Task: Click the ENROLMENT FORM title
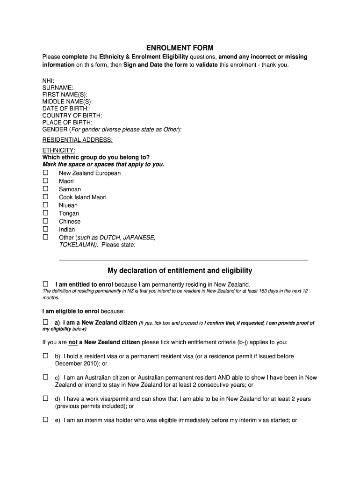(x=180, y=48)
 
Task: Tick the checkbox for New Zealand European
(x=45, y=173)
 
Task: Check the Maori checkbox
(x=45, y=181)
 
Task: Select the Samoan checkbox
(x=45, y=189)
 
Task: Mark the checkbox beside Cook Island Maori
(x=45, y=196)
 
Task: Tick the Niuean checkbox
(x=45, y=205)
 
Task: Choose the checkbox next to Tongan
(x=45, y=213)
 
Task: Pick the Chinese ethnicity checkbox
(x=45, y=221)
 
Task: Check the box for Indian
(x=45, y=229)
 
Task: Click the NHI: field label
(x=48, y=81)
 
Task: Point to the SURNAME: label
(x=58, y=87)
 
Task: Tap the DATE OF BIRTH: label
(x=65, y=109)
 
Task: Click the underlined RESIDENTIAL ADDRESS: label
(x=78, y=140)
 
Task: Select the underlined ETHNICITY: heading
(x=59, y=150)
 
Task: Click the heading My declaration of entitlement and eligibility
(x=180, y=270)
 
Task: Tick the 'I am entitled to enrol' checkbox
(x=45, y=284)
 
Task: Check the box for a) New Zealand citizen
(x=45, y=322)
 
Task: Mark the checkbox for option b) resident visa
(x=45, y=356)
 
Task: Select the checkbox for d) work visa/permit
(x=45, y=399)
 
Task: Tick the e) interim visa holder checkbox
(x=45, y=420)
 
